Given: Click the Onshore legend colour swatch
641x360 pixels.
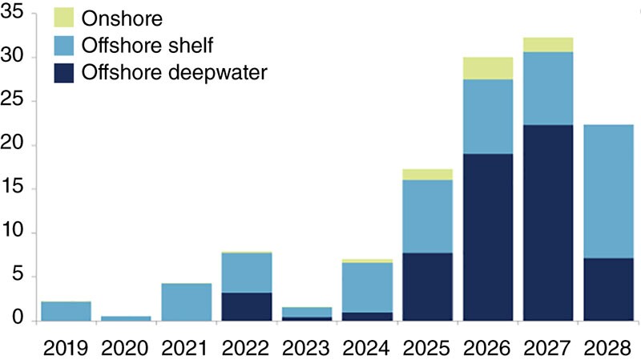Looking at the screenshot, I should point(64,17).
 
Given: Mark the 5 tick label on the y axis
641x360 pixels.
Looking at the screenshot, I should point(21,277).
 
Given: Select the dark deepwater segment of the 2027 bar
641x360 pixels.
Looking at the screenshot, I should point(548,223).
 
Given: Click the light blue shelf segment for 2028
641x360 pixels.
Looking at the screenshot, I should point(608,192).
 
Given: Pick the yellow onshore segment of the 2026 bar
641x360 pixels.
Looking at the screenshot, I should point(488,68).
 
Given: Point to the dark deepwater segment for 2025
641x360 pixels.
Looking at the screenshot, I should point(427,286).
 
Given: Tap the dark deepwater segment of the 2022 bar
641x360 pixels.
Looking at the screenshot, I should point(246,306).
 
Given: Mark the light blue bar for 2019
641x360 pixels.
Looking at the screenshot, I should point(65,311).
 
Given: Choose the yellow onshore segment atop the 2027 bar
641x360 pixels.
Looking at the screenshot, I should point(548,45).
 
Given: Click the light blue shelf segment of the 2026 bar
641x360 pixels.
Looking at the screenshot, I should point(488,116).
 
